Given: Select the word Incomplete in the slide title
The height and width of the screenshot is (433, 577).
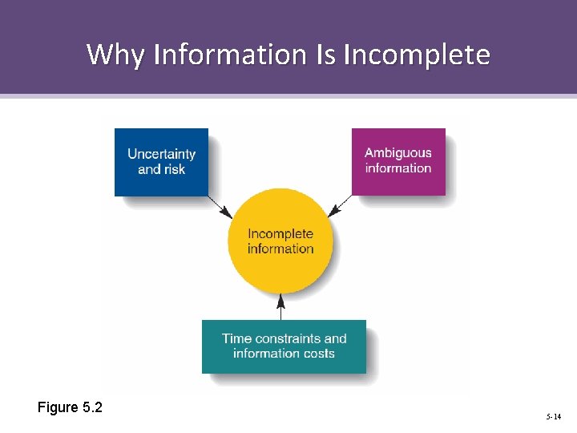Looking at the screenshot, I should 416,55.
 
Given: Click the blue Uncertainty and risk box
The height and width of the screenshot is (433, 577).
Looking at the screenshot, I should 161,162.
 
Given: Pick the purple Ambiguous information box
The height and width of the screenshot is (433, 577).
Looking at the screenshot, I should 398,161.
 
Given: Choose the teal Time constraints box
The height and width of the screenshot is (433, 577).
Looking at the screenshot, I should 284,346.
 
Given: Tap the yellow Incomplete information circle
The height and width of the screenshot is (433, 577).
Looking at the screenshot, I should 280,241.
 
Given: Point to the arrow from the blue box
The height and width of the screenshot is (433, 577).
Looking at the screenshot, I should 220,207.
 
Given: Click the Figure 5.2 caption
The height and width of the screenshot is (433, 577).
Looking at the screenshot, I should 70,407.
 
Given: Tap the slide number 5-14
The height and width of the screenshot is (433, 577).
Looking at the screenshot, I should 554,418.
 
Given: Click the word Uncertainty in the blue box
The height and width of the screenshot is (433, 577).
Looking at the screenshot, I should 161,154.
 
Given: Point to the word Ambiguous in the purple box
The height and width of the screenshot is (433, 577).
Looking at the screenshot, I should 398,152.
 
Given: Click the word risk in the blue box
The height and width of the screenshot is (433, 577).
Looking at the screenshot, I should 174,169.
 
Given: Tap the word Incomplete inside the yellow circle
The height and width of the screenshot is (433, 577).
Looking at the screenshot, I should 280,233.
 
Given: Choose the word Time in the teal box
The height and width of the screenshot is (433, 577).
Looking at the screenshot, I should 236,338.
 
